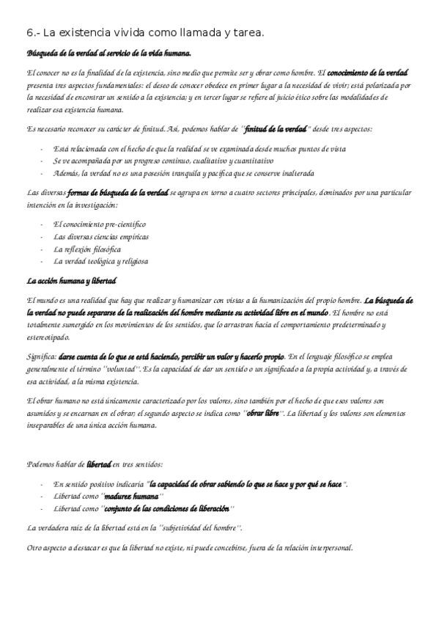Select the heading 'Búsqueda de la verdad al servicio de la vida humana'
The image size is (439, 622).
click(108, 54)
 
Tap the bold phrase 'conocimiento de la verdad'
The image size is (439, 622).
click(366, 74)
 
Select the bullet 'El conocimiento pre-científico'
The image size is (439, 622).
click(100, 224)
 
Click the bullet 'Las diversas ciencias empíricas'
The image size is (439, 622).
click(101, 236)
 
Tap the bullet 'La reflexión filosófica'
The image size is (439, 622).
click(87, 249)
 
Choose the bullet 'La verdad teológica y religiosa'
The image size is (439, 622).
click(100, 262)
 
